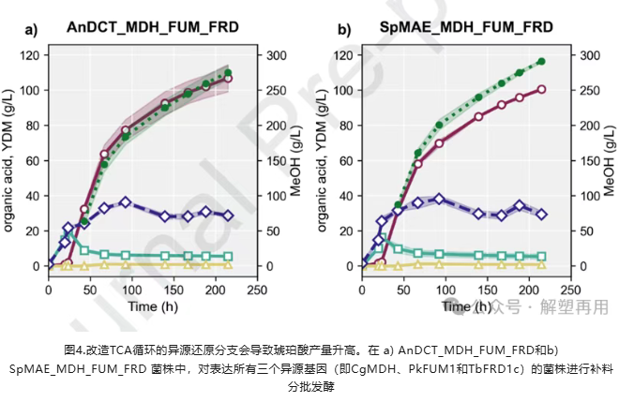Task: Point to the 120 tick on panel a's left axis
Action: [x=30, y=55]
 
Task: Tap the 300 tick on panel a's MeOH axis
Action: [x=279, y=55]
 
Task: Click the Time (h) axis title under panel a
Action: [x=154, y=306]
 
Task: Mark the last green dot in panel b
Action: [x=541, y=62]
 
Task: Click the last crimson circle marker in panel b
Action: [x=541, y=90]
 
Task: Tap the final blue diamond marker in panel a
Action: [x=227, y=215]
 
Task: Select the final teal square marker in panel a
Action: [x=227, y=257]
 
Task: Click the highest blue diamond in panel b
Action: [x=439, y=199]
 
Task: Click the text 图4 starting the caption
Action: [x=75, y=348]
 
